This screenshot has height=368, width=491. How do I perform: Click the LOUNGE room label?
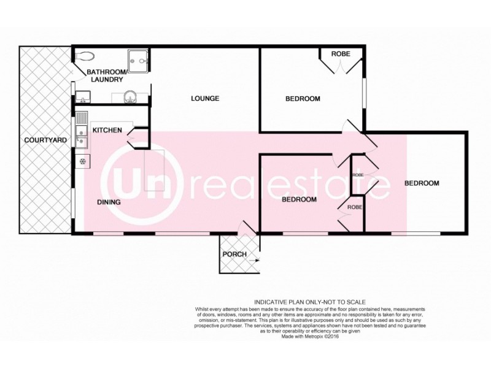(x=205, y=98)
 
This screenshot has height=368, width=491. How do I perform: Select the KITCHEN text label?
(x=107, y=130)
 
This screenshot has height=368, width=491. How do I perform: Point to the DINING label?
(x=108, y=202)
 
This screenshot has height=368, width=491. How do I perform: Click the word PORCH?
(x=234, y=255)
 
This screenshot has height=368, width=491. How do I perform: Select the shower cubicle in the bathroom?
(x=139, y=60)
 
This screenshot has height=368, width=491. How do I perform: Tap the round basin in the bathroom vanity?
(x=130, y=96)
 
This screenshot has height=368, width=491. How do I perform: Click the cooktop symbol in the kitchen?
(x=82, y=161)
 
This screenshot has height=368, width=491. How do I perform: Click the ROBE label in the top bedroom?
(x=341, y=54)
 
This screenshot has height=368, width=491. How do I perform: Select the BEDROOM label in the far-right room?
(x=422, y=183)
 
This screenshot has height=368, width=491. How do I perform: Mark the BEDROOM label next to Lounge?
(x=303, y=99)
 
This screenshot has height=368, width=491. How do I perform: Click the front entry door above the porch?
(x=248, y=228)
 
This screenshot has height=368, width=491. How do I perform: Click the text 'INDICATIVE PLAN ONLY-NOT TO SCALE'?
(x=309, y=302)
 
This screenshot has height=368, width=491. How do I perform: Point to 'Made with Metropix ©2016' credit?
(x=309, y=337)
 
